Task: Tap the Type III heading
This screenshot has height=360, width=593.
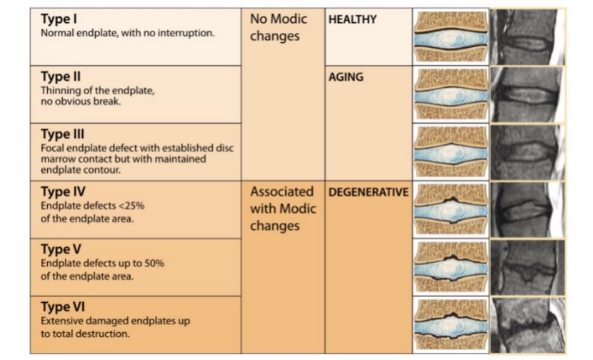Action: tap(64, 134)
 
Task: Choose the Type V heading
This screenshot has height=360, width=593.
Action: tap(62, 250)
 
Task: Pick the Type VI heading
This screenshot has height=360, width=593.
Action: tap(64, 307)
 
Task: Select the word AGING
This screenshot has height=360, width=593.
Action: tap(346, 77)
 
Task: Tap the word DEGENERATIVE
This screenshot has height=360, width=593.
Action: tap(368, 193)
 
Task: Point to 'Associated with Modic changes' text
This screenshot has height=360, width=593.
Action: tap(282, 209)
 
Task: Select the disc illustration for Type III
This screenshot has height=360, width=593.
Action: tap(451, 151)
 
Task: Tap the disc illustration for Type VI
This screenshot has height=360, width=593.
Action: tap(451, 324)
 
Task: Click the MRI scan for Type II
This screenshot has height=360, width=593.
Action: tap(527, 94)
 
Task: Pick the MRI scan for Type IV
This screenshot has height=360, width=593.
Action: tap(527, 209)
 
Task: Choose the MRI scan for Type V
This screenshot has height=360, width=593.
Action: tap(527, 267)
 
